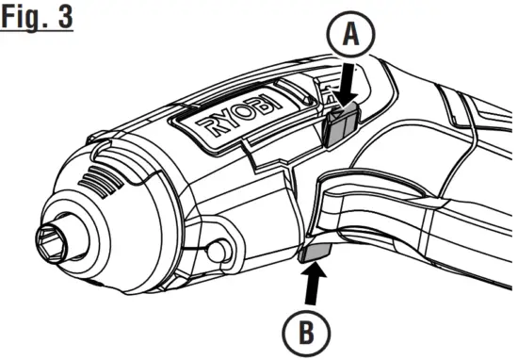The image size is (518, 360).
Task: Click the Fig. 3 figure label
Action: (x=38, y=18)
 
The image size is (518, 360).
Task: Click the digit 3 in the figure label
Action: (x=64, y=18)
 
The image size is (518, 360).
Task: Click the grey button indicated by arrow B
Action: (x=315, y=251)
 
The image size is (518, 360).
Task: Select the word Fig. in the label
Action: (x=26, y=18)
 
